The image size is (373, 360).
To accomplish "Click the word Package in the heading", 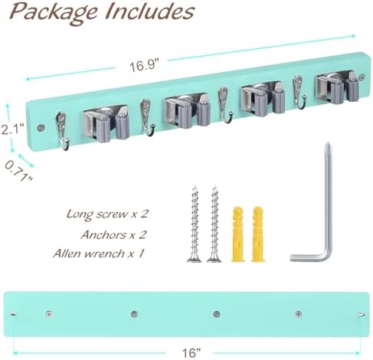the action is pyautogui.click(x=54, y=12).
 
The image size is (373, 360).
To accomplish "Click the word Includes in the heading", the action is pyautogui.click(x=150, y=11).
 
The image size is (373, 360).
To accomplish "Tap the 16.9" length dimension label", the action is pyautogui.click(x=144, y=65).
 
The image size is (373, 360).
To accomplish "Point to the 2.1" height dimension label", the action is pyautogui.click(x=12, y=129).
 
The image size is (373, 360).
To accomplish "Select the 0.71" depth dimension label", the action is pyautogui.click(x=18, y=171).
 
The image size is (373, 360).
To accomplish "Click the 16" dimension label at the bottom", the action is pyautogui.click(x=191, y=353).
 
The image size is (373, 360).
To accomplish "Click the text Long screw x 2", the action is pyautogui.click(x=107, y=214).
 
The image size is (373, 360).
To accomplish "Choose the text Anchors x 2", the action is pyautogui.click(x=113, y=234).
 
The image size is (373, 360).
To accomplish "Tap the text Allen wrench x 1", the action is pyautogui.click(x=98, y=254).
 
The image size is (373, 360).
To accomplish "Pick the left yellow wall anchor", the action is pyautogui.click(x=238, y=234).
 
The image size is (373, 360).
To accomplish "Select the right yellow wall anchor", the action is pyautogui.click(x=258, y=234).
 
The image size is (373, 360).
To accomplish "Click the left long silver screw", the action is pyautogui.click(x=195, y=224).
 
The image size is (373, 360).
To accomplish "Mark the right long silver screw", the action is pyautogui.click(x=214, y=224).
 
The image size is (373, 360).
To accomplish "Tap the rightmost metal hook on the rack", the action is pyautogui.click(x=298, y=92).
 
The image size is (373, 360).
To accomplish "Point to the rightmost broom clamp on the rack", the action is pyautogui.click(x=338, y=87).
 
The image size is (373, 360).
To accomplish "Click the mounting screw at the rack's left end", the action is pyautogui.click(x=41, y=128).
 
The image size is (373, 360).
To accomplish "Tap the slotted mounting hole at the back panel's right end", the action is pyautogui.click(x=362, y=314).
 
